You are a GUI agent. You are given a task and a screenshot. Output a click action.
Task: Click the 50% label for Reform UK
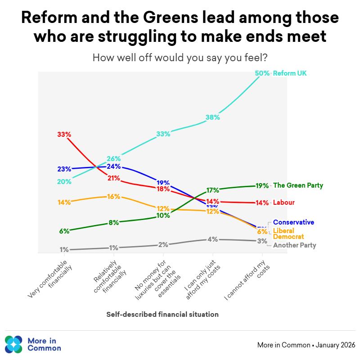(262, 73)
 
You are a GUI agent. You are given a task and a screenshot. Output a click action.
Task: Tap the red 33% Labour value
(64, 134)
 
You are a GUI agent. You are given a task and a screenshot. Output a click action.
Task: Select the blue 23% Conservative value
(64, 169)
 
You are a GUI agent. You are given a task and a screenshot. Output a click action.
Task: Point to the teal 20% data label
(64, 182)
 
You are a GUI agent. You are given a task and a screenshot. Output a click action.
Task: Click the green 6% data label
(64, 231)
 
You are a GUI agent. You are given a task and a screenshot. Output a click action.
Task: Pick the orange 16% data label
(113, 197)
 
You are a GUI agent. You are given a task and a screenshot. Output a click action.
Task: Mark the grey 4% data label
(212, 239)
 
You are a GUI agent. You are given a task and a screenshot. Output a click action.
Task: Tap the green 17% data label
(212, 190)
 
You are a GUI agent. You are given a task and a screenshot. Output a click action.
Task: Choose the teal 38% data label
(212, 117)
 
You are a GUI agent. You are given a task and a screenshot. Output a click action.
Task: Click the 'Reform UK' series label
(290, 73)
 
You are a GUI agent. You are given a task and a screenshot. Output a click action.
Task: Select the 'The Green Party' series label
(298, 185)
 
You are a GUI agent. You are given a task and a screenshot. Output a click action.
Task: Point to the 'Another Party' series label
(294, 245)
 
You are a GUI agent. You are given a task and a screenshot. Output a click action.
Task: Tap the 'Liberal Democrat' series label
(288, 234)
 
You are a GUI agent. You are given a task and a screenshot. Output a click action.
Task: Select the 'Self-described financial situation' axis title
(162, 315)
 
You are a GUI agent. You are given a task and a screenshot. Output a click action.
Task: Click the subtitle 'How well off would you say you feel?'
(180, 58)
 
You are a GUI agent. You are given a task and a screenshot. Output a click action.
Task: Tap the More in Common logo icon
(13, 344)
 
